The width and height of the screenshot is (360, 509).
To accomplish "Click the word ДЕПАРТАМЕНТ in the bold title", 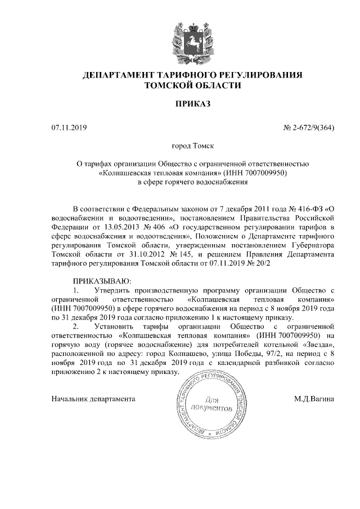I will (x=119, y=75).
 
